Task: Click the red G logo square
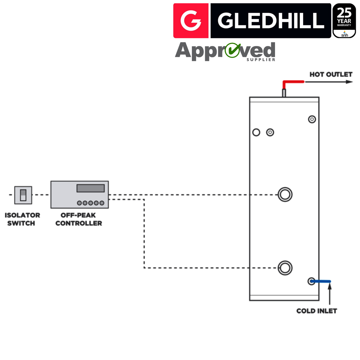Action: click(191, 21)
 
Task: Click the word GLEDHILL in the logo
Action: click(271, 21)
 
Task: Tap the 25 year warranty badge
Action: click(344, 21)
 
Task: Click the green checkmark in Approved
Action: click(233, 51)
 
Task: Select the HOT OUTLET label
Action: click(331, 75)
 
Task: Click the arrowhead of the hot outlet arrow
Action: click(350, 82)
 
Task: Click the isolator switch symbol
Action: click(23, 195)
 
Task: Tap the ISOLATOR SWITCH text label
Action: click(22, 219)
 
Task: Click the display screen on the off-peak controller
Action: click(90, 188)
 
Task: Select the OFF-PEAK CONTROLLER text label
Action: click(78, 219)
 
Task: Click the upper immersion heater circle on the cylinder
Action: click(285, 195)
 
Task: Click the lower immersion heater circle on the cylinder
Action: click(285, 267)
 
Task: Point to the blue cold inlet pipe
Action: click(321, 281)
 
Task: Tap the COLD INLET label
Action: click(316, 311)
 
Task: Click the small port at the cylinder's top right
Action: click(312, 119)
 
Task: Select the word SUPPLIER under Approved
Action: click(261, 59)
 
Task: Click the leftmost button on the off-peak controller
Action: click(79, 203)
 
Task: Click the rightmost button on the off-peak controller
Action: click(102, 203)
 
